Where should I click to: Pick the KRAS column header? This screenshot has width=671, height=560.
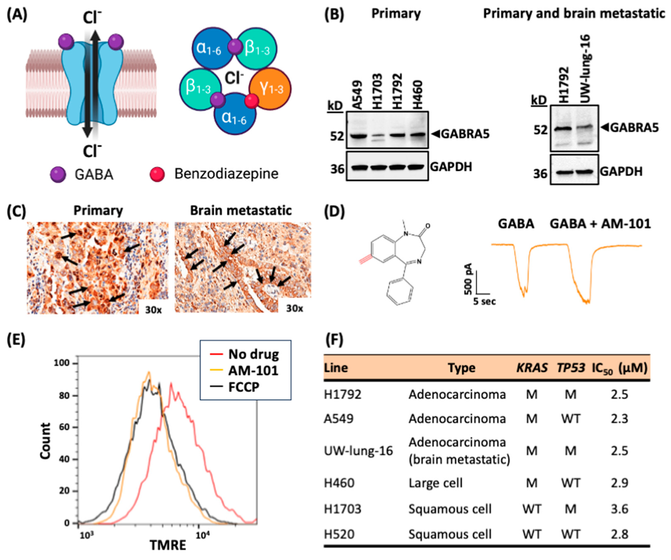[532, 368]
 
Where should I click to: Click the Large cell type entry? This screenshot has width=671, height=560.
[435, 483]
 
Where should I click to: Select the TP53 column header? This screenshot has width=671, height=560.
[571, 368]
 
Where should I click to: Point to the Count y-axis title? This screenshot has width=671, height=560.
[46, 441]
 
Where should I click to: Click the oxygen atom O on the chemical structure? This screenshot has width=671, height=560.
[428, 226]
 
